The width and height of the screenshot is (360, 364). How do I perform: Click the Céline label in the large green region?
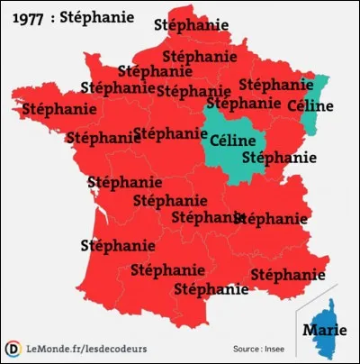(232, 141)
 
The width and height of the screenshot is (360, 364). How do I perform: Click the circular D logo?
(13, 348)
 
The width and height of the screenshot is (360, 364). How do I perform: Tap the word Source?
(248, 349)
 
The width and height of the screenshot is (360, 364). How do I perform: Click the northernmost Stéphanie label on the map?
(190, 25)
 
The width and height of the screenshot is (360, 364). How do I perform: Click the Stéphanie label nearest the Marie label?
(288, 274)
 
